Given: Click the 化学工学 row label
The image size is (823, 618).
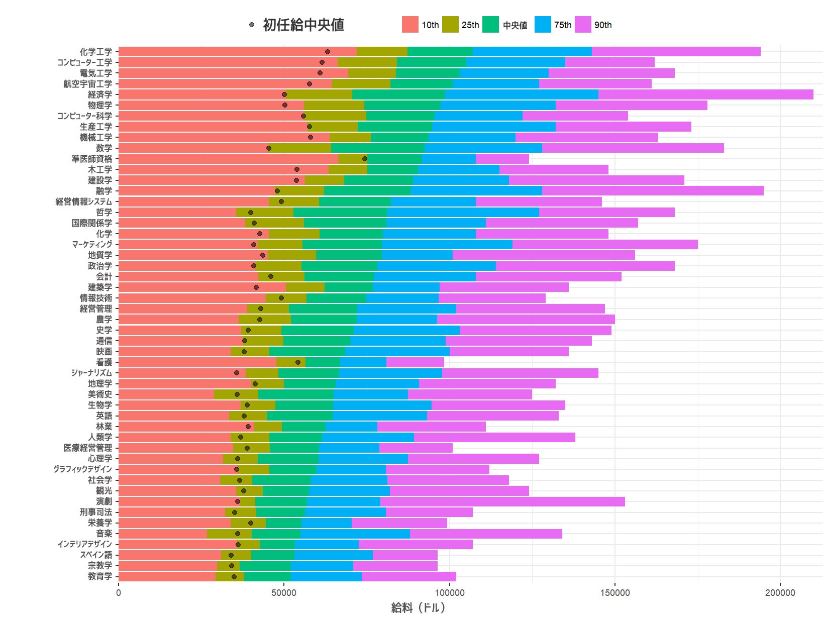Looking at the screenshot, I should coord(96,52).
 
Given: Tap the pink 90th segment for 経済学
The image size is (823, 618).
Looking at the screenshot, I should coord(705,94).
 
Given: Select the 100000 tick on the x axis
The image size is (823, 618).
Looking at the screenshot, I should coord(449,593).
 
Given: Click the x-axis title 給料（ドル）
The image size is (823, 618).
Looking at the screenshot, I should coord(418,607).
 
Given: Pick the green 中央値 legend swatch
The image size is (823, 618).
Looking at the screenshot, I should coord(490,25).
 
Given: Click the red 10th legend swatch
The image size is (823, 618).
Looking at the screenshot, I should coord(410,25).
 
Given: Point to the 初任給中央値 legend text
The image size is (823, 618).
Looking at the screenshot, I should coord(303,25).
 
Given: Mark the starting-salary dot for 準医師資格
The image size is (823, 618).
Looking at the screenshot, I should coord(365,159).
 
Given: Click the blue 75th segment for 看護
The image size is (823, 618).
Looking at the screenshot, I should coord(363,362).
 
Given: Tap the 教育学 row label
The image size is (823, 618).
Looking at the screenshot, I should coord(100,576).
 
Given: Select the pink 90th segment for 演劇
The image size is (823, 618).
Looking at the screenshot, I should coord(502,501).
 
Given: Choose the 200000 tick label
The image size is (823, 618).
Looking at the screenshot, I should coord(780,593).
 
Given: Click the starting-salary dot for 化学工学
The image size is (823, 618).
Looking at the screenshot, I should coord(328,52).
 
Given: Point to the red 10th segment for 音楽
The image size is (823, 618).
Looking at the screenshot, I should coord(162,534).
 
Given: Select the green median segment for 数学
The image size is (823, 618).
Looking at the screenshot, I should coord(378,148).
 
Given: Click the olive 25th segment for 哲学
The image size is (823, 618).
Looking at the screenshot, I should coord(265,213).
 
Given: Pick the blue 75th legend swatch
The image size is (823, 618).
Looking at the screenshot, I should coord(543,25).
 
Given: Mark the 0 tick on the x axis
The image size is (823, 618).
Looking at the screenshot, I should coord(119,593).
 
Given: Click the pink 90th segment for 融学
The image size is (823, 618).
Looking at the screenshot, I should coord(653,191).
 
